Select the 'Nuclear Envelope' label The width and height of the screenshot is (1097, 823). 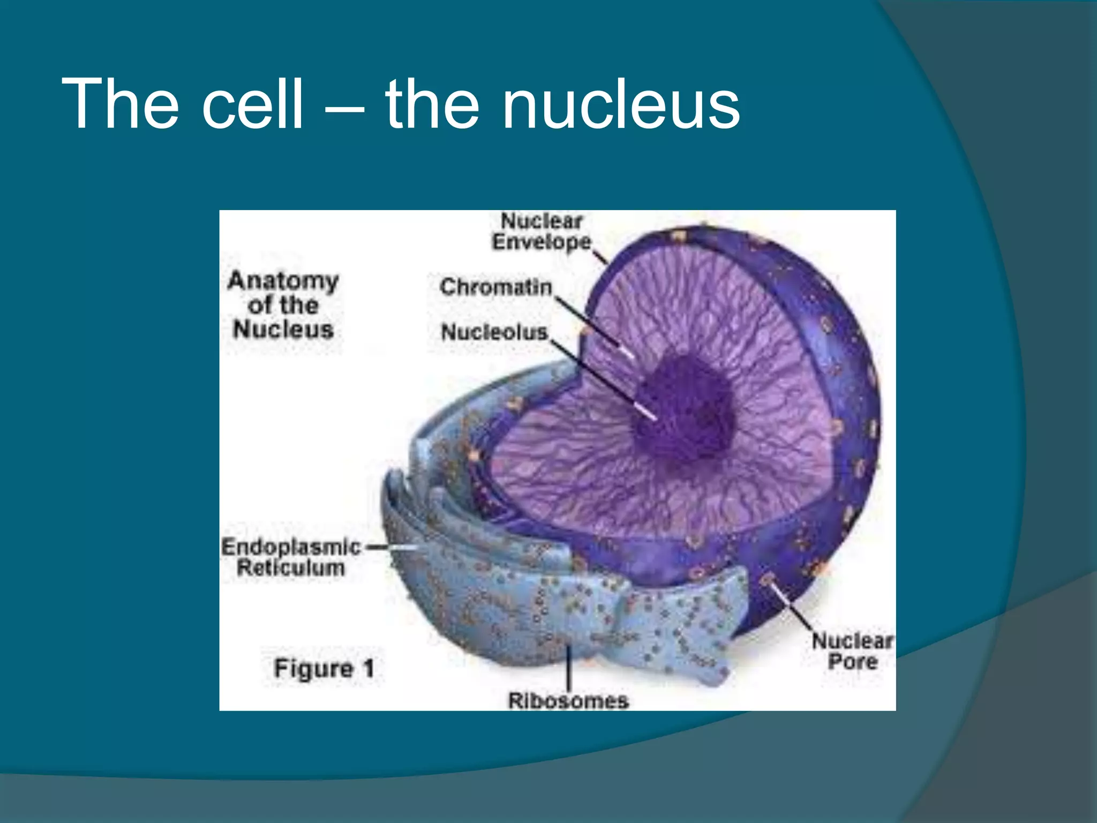click(542, 231)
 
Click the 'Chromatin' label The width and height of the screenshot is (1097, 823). click(495, 287)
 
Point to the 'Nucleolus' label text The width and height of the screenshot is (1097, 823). click(494, 332)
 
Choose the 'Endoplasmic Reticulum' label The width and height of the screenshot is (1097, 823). click(291, 557)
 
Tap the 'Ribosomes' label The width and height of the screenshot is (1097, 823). click(568, 700)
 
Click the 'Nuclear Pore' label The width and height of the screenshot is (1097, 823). click(852, 650)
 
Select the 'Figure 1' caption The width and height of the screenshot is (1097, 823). click(324, 668)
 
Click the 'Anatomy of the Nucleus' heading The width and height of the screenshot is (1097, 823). click(283, 305)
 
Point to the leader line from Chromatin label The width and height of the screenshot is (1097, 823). click(589, 321)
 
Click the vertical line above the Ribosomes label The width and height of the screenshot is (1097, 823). click(568, 667)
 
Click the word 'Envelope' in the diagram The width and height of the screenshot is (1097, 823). click(542, 242)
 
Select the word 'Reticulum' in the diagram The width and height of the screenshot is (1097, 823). click(291, 568)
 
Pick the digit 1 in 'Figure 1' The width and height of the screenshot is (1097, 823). click(368, 668)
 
